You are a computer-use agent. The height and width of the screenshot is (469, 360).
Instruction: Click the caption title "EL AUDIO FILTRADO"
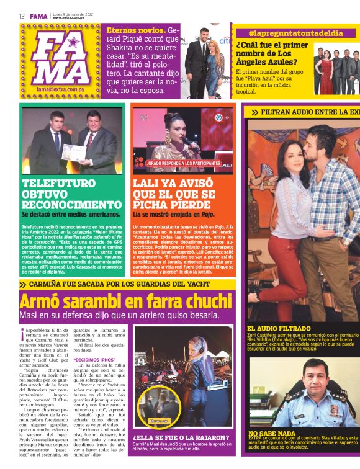click(279, 328)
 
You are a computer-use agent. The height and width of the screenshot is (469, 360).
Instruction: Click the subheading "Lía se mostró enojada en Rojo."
click(171, 213)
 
